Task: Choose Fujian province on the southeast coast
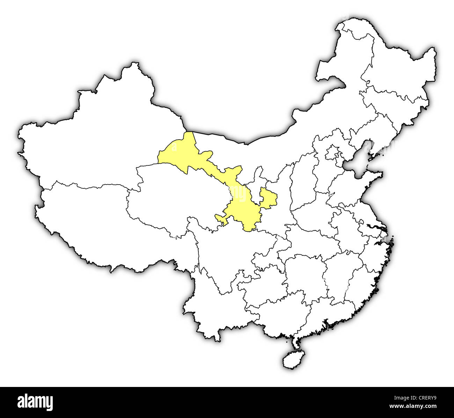pos(360,283)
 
